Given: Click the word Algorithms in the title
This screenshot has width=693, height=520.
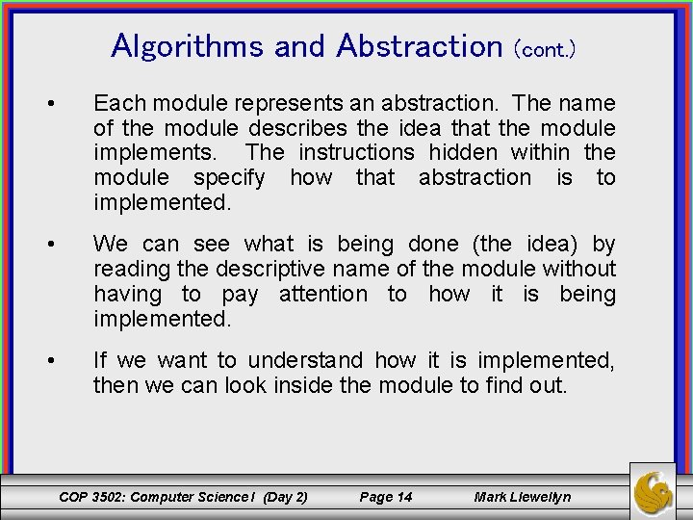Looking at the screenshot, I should pos(189,45).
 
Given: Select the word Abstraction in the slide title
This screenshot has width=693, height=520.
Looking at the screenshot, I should pos(413,45).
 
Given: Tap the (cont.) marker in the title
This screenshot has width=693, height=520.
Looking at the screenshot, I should pos(545,49).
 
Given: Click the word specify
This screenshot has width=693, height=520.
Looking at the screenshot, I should pos(229,177).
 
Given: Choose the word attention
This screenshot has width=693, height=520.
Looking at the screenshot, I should pos(322,294).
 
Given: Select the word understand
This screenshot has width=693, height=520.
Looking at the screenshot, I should pos(305,360).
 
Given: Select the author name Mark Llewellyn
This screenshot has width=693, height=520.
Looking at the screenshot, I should pos(523,497).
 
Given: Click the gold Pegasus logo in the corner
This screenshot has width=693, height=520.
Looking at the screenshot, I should pos(654,491).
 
